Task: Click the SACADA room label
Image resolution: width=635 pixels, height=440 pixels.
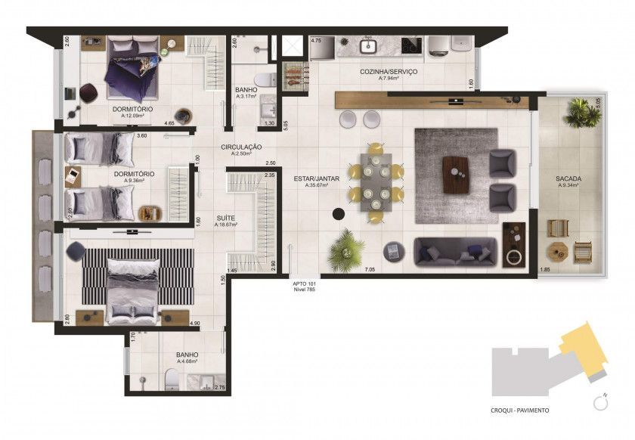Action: pyautogui.click(x=570, y=178)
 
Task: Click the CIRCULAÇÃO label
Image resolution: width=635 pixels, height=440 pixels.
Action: pyautogui.click(x=241, y=147)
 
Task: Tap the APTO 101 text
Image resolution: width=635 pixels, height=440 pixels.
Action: pyautogui.click(x=305, y=284)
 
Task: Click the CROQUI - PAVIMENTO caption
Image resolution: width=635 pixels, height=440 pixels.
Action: pyautogui.click(x=520, y=411)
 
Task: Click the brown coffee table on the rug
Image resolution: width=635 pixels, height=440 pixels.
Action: pyautogui.click(x=456, y=174)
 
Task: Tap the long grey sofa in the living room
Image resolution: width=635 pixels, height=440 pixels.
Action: pyautogui.click(x=456, y=251)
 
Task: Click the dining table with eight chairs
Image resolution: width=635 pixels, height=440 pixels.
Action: pyautogui.click(x=375, y=183)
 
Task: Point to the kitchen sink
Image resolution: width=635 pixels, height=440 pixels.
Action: pyautogui.click(x=368, y=46)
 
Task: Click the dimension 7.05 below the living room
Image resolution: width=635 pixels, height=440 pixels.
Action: pyautogui.click(x=370, y=269)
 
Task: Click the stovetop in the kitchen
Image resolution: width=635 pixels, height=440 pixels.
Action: pyautogui.click(x=411, y=45)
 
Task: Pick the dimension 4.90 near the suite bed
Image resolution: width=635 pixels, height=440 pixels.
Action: pyautogui.click(x=194, y=324)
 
